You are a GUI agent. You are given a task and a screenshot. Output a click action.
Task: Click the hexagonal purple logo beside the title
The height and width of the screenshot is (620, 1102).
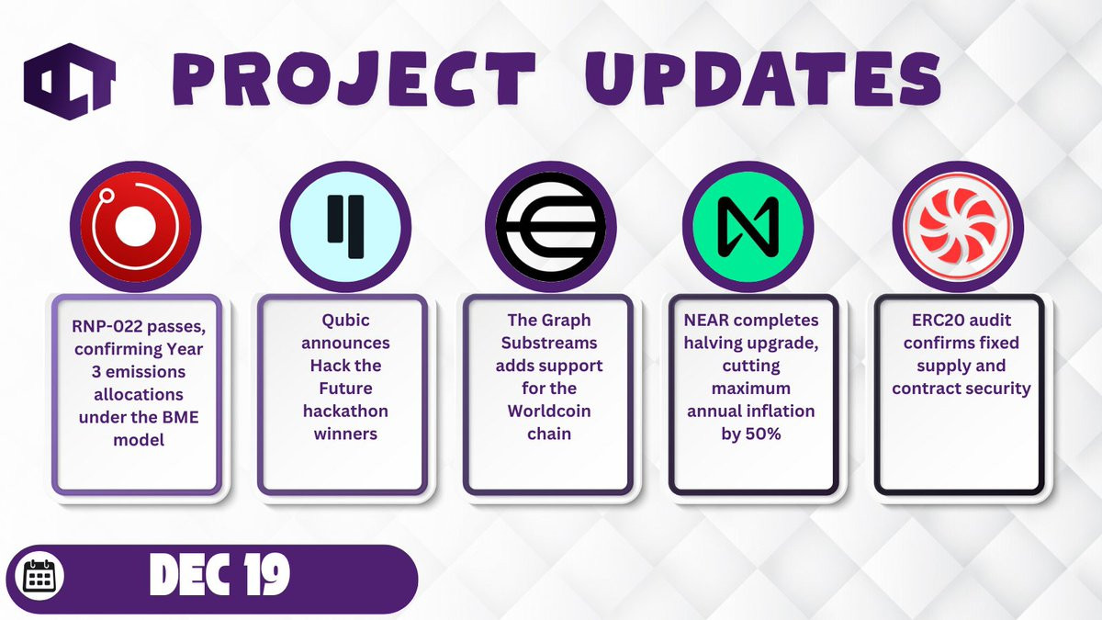(x=70, y=81)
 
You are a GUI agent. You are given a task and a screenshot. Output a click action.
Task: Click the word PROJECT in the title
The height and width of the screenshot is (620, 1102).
(x=354, y=79)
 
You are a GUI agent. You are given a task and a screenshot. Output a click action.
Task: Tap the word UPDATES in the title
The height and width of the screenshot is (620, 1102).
(x=762, y=79)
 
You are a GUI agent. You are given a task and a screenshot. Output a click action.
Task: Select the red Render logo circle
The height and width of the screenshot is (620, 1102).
(x=135, y=227)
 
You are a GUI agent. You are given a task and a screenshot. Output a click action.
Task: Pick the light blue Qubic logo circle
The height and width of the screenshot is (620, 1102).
(x=345, y=227)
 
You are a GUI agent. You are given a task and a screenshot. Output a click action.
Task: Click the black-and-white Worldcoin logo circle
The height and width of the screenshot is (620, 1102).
(x=550, y=227)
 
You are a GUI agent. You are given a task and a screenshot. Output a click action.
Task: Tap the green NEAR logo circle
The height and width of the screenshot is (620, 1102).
(x=748, y=227)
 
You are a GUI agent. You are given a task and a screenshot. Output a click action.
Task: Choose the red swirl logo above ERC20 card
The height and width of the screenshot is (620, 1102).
(x=958, y=227)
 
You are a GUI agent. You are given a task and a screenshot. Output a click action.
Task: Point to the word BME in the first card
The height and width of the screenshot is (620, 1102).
(x=180, y=417)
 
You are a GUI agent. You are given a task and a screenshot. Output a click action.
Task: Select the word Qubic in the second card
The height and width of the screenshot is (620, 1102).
(x=345, y=321)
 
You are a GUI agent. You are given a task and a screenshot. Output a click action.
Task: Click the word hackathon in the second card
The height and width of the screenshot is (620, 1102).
(x=345, y=411)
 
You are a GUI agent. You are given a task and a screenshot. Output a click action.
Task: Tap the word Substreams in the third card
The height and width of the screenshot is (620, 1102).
(x=549, y=343)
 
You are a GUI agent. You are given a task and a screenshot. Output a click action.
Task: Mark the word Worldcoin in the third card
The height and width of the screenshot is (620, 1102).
(x=549, y=411)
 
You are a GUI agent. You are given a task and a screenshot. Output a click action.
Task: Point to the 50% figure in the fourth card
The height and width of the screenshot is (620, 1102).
(x=763, y=434)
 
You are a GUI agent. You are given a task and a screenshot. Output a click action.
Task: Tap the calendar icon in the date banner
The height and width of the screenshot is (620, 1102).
(x=43, y=576)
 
